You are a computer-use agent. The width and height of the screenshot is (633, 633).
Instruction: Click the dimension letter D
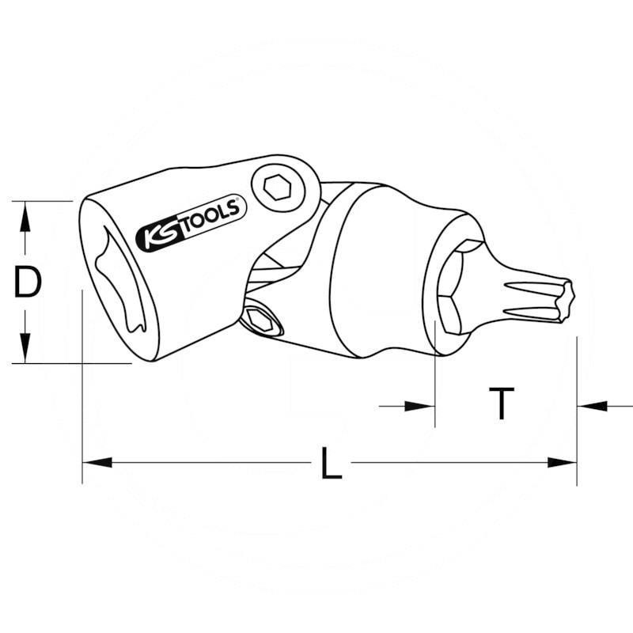point(28,282)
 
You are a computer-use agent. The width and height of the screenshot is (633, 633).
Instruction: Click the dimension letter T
point(501,404)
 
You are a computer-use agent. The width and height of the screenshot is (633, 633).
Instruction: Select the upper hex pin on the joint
point(277,187)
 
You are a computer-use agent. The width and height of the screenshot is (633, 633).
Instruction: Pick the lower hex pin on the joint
point(260,320)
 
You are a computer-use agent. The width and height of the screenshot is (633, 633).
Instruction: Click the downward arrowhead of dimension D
point(25,349)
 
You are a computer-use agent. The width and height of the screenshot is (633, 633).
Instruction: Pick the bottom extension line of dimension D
point(71,363)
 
